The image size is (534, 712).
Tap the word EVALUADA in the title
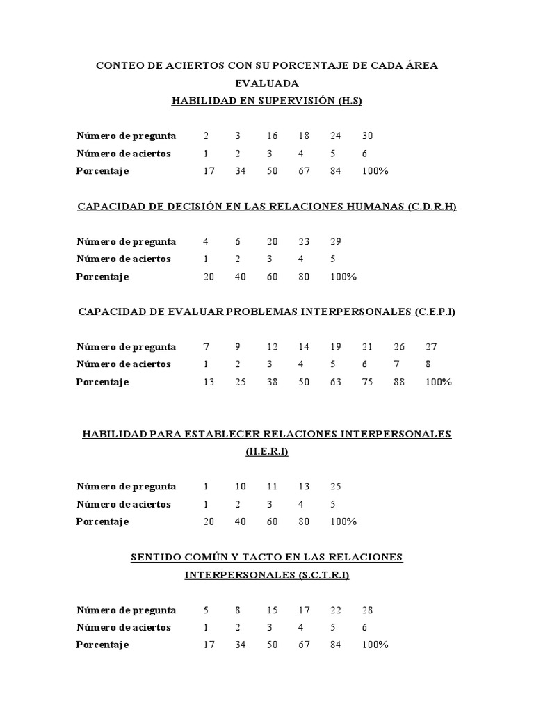[267, 83]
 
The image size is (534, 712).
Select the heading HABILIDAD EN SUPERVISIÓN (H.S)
[267, 101]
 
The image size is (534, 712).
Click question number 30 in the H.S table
[369, 136]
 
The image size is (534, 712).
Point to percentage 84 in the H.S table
[336, 171]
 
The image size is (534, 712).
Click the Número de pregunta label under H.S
[126, 136]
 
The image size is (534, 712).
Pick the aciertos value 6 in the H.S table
[365, 154]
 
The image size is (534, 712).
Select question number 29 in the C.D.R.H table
[336, 241]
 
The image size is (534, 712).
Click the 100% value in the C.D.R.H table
[343, 277]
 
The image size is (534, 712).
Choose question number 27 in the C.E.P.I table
[431, 346]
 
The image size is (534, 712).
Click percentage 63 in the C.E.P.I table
[336, 382]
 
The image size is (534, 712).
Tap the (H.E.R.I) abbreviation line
[267, 452]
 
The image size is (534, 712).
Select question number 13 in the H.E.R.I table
[304, 487]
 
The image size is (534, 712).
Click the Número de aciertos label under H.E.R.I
[124, 504]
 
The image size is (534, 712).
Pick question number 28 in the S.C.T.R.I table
[369, 610]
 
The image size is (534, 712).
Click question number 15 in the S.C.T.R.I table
[272, 610]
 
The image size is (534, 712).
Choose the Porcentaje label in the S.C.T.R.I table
[102, 645]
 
